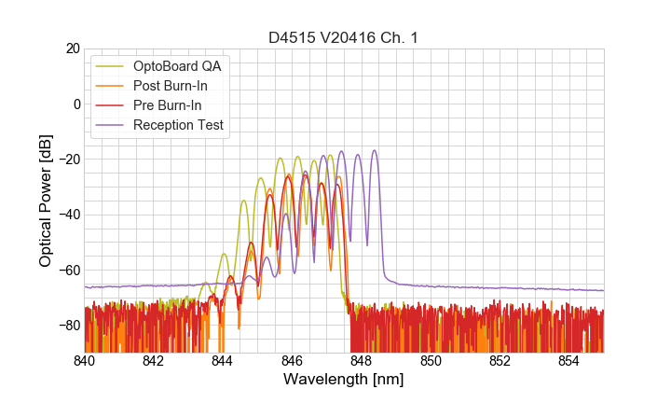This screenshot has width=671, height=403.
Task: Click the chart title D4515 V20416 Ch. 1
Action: click(x=344, y=38)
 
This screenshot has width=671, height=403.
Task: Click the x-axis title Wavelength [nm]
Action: click(x=344, y=381)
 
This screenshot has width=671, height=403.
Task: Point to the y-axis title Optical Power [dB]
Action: click(x=46, y=201)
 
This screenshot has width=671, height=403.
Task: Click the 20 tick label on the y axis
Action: click(x=72, y=49)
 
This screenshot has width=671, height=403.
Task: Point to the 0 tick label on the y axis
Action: click(x=75, y=104)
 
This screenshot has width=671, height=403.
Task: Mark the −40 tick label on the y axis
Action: click(x=68, y=215)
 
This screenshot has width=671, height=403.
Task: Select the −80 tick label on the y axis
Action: click(x=68, y=326)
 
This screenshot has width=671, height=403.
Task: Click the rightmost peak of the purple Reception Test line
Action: click(x=375, y=151)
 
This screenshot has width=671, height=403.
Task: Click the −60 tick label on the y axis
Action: click(x=68, y=271)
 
